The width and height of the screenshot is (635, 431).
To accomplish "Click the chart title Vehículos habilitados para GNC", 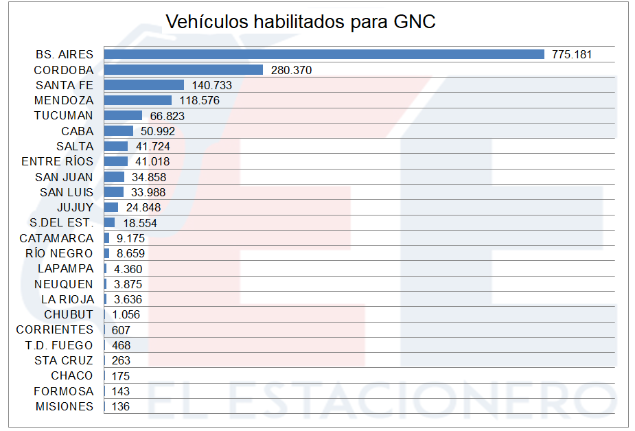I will point(301,22).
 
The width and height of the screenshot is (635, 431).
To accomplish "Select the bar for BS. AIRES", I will point(323,54).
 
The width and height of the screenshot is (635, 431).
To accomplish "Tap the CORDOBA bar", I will point(183,69).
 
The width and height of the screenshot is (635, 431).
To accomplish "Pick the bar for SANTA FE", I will point(144,85).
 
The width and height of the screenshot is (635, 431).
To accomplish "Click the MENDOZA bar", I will point(137,100).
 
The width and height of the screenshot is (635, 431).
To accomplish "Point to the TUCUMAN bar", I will point(123,115).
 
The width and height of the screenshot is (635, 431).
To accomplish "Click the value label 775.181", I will point(572,54).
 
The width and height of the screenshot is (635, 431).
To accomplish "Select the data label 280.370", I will point(292,70).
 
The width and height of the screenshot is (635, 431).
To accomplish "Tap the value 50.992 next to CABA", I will point(158,131).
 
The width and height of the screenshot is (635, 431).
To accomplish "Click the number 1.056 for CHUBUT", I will point(126,315).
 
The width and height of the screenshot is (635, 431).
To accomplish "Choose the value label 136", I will point(121,407).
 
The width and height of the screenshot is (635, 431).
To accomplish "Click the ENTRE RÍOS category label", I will point(58,162).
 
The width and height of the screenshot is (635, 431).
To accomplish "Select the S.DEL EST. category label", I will point(62,223).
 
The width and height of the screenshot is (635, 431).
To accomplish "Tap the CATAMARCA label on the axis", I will point(56,238).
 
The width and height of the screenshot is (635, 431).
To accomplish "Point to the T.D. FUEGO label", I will point(59,345).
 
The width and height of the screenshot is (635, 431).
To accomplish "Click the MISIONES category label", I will point(64,407).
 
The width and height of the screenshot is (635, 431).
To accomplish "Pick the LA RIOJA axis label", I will point(67,299).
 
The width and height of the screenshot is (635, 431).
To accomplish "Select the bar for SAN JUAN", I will point(114,177).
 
